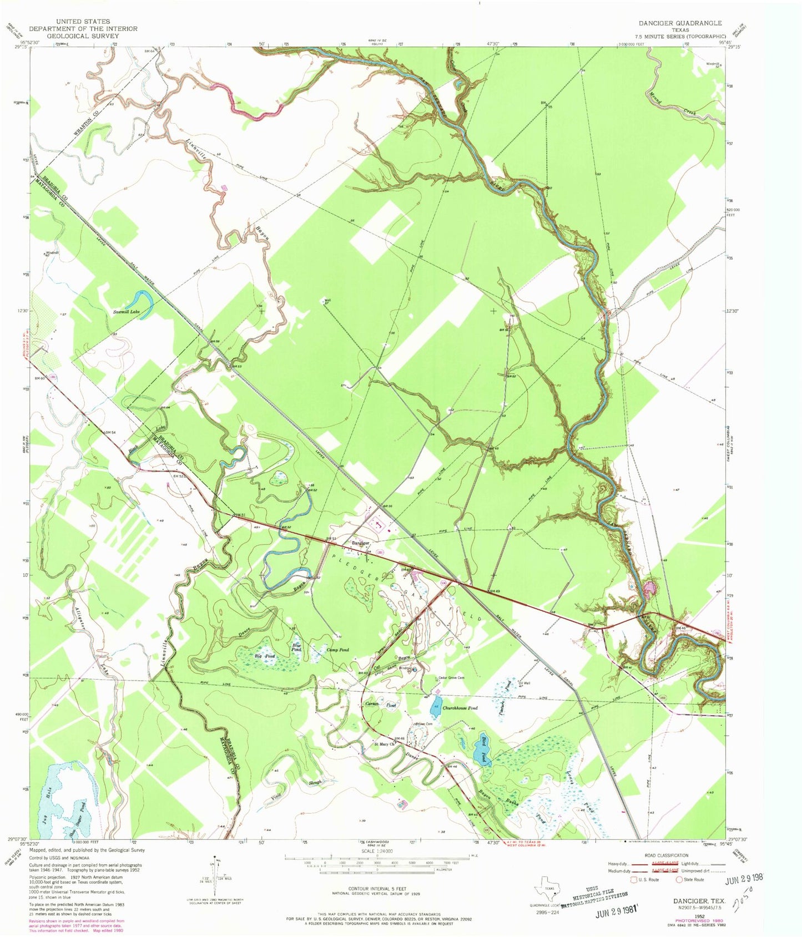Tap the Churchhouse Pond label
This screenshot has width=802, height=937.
(x=460, y=708)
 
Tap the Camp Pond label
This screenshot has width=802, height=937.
(x=337, y=650)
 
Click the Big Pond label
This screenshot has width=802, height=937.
(x=265, y=656)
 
